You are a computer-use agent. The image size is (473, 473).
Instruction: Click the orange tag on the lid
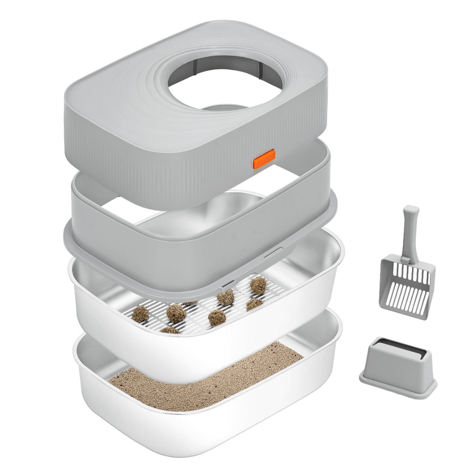[264, 159]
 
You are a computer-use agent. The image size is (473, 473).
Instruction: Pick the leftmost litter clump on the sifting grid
[140, 314]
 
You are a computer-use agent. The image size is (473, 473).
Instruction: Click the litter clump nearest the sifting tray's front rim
[169, 330]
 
